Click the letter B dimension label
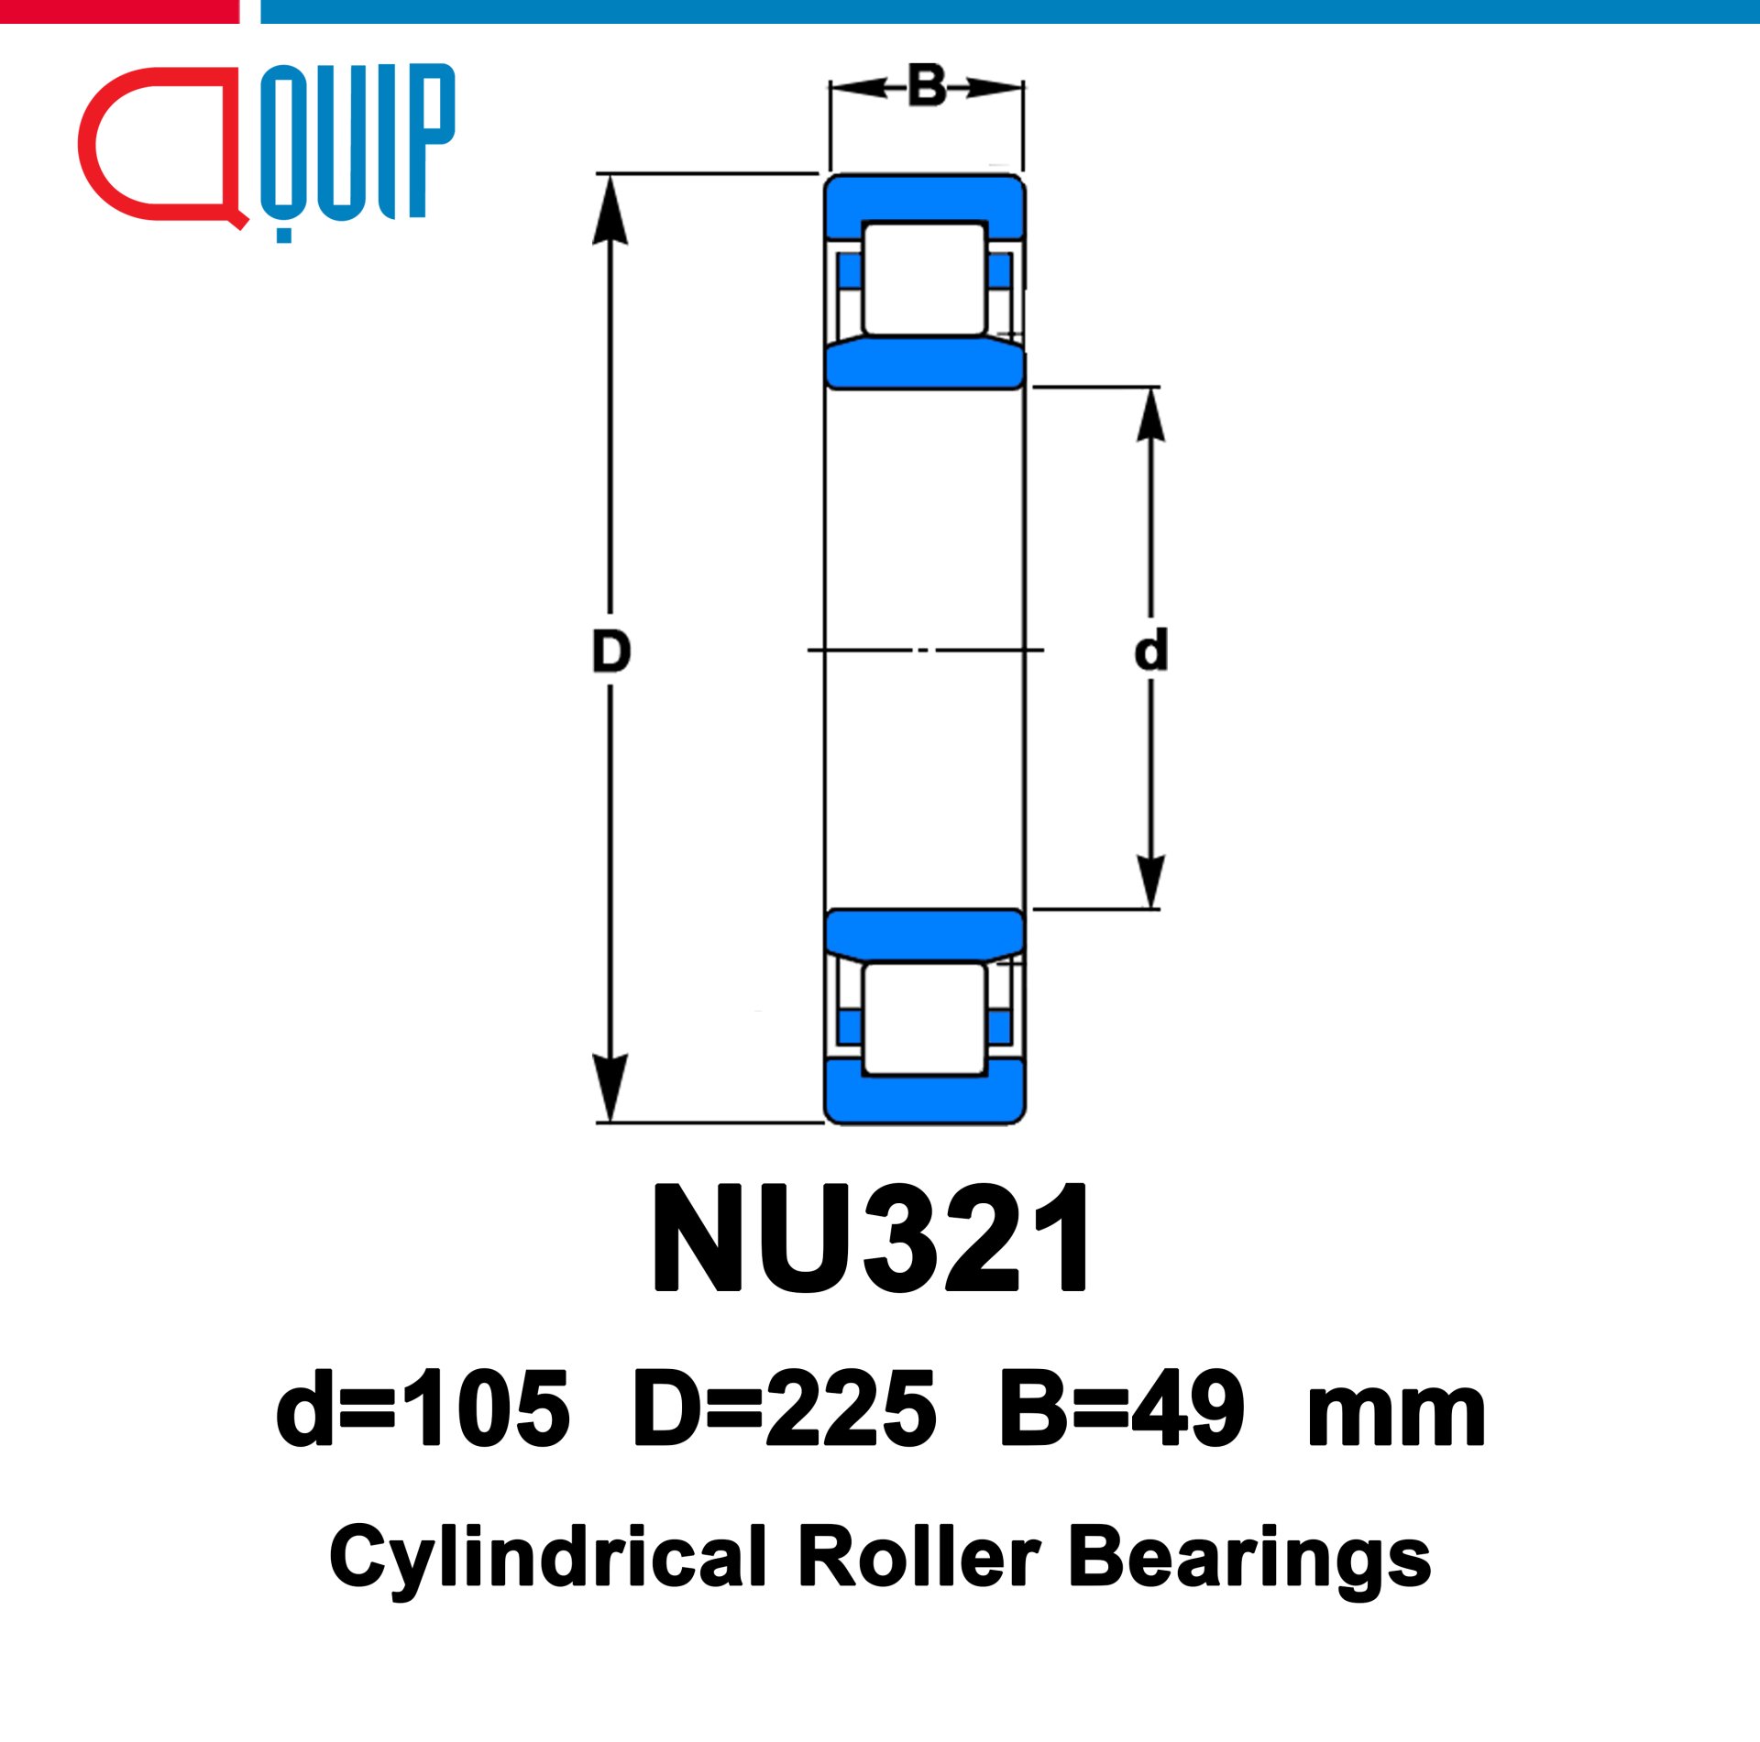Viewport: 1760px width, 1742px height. click(x=927, y=86)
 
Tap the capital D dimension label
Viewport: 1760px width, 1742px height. click(x=611, y=652)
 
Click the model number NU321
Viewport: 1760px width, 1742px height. click(x=871, y=1239)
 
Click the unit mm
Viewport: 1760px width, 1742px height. click(x=1396, y=1419)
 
